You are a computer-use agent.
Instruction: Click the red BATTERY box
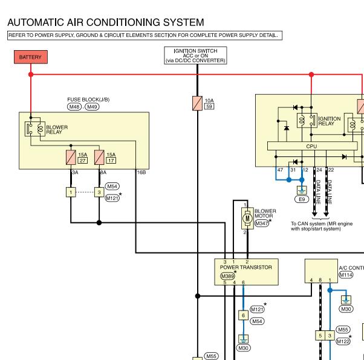click(31, 57)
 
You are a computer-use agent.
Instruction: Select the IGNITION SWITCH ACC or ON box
click(195, 56)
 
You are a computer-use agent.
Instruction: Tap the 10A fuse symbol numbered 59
click(197, 103)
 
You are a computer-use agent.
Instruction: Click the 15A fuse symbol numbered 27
click(71, 158)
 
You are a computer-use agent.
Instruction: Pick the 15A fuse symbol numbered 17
click(99, 158)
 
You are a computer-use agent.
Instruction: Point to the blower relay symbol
click(35, 129)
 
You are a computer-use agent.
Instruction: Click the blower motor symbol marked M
click(247, 218)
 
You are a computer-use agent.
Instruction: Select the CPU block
click(312, 146)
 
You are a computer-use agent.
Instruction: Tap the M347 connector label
click(262, 223)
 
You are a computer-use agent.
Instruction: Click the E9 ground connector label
click(302, 199)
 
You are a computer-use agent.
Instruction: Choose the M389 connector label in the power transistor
click(227, 276)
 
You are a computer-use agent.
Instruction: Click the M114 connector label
click(346, 275)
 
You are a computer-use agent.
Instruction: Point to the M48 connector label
click(74, 107)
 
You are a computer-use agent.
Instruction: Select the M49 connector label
click(92, 107)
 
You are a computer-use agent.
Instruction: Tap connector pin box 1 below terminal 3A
click(71, 192)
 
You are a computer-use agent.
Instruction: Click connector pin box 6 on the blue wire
click(243, 315)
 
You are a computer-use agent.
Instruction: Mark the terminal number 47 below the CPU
click(280, 170)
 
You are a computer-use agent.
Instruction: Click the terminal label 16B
click(141, 172)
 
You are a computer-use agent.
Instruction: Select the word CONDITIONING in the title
click(123, 22)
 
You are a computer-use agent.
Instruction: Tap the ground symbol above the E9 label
click(302, 190)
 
